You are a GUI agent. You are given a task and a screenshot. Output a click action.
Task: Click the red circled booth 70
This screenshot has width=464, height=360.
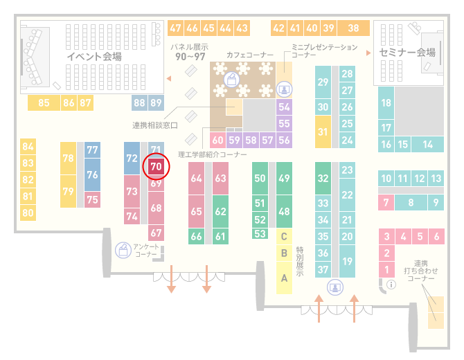tap(156, 167)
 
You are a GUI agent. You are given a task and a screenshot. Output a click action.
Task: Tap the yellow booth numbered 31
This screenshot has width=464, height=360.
tap(323, 132)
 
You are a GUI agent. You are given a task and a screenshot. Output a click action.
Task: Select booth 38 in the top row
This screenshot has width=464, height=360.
tap(354, 28)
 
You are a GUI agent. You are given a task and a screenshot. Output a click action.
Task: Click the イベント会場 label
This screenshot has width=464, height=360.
tap(94, 56)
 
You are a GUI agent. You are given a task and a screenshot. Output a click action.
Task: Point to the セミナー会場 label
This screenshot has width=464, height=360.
tap(407, 53)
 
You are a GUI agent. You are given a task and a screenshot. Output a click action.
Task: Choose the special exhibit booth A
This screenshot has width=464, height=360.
tap(284, 278)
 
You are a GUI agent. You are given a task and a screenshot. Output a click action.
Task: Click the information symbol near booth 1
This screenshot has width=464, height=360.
tap(391, 285)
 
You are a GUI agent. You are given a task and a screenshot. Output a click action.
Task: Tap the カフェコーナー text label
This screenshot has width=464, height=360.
tap(250, 55)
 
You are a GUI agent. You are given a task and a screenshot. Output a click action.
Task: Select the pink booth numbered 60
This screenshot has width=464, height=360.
tap(217, 140)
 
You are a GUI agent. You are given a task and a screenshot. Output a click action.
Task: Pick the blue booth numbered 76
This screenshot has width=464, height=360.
tap(92, 175)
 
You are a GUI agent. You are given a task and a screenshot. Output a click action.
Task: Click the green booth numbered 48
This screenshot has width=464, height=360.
tap(284, 212)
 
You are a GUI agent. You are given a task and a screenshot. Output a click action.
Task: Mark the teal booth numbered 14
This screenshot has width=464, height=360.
tap(427, 145)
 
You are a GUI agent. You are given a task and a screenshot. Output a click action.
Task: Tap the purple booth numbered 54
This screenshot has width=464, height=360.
tap(284, 107)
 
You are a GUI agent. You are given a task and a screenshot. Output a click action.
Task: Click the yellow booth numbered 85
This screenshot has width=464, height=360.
tap(44, 102)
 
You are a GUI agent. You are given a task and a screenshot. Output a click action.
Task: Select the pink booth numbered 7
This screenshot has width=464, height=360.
tap(386, 203)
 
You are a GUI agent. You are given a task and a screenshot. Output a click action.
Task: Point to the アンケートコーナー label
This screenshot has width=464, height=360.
tap(146, 251)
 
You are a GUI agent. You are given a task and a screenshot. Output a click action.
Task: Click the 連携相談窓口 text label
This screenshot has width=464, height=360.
tap(154, 125)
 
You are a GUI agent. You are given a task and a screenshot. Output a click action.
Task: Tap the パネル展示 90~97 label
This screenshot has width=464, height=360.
tap(190, 52)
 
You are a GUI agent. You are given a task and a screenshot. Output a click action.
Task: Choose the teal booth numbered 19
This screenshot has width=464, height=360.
tap(347, 261)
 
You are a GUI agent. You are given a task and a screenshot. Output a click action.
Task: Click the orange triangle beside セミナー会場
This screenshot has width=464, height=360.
tap(368, 53)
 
